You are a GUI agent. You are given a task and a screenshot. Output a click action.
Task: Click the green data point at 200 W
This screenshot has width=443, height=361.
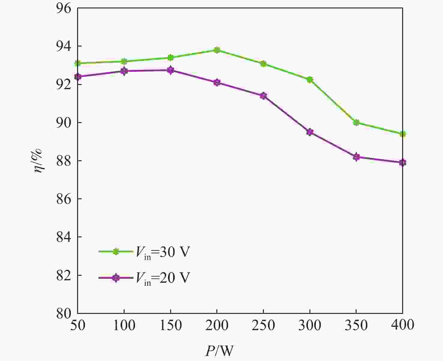[x=217, y=50]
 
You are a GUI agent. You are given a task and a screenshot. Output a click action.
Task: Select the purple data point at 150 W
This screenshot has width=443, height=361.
[x=170, y=70]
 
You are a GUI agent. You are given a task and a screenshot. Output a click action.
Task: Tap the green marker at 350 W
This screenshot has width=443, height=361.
[x=356, y=122]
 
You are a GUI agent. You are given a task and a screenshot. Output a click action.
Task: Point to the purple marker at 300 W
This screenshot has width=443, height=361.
[x=310, y=132]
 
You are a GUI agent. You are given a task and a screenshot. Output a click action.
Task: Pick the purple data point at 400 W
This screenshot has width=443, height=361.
[x=402, y=163]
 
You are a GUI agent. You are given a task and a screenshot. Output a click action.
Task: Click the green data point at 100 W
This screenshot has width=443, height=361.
[x=124, y=62]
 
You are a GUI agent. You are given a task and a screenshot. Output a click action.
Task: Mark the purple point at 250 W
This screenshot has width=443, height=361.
[x=263, y=96]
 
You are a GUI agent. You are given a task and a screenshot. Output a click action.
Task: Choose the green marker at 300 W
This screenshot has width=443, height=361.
[x=310, y=80]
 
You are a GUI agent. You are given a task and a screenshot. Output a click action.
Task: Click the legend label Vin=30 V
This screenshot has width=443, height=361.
[x=163, y=252]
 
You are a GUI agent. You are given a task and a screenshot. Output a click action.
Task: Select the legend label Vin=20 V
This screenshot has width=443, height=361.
[x=163, y=278]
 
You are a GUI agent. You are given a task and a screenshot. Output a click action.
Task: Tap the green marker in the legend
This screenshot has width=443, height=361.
[x=116, y=252]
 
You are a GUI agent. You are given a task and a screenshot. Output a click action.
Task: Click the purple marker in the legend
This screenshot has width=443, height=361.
[x=116, y=278]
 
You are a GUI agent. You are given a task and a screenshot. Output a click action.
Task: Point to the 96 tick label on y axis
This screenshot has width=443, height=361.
[x=63, y=8]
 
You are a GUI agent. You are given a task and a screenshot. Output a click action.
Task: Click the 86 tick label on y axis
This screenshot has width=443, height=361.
[x=63, y=199]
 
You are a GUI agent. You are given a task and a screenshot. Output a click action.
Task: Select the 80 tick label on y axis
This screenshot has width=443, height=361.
[x=63, y=313]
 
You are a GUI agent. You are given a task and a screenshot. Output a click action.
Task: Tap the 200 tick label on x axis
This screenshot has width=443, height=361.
[x=217, y=325]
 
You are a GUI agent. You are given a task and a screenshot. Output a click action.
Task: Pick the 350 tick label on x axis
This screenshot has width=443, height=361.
[x=356, y=325]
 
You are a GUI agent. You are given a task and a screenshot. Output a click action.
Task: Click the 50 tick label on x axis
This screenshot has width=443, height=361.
[x=78, y=325]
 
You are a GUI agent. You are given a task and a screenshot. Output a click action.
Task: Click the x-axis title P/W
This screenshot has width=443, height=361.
[x=219, y=350]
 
